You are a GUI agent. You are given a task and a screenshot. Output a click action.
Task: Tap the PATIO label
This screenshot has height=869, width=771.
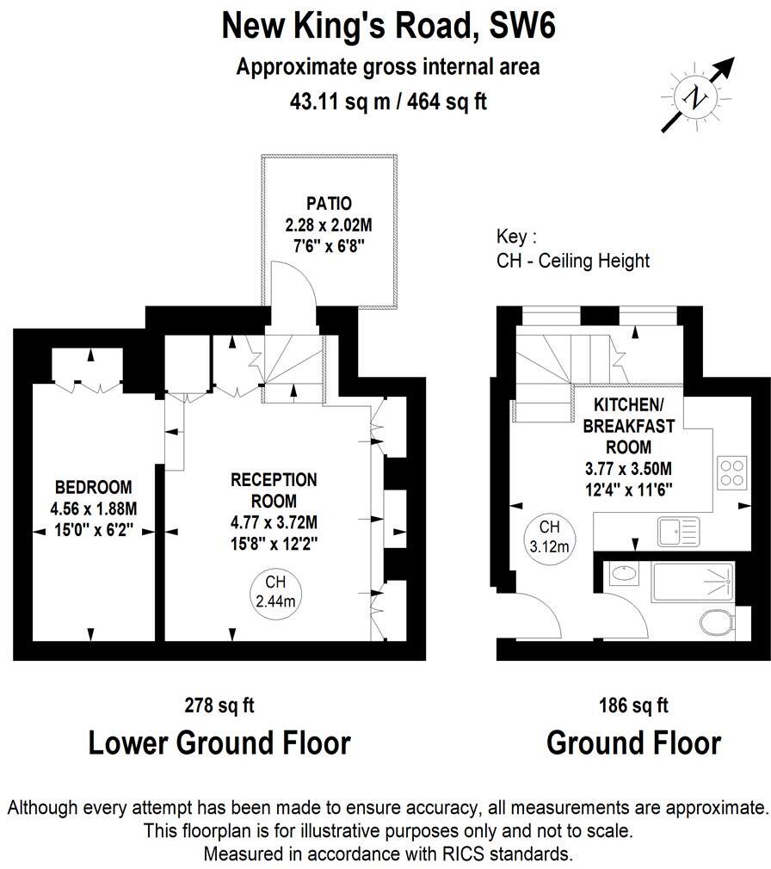(x=329, y=204)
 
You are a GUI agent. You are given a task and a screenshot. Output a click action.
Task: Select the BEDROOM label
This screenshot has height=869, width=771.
(x=93, y=484)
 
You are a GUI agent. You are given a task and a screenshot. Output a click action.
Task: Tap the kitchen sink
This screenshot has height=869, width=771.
(x=679, y=532)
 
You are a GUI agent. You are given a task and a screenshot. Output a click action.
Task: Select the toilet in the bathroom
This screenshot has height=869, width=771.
(x=716, y=621)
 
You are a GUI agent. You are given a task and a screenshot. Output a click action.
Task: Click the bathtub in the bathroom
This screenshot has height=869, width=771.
(x=693, y=582)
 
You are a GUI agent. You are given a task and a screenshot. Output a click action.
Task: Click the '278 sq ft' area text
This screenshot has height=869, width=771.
(x=219, y=706)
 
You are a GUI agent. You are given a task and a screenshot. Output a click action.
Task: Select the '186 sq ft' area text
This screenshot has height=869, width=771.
(x=633, y=706)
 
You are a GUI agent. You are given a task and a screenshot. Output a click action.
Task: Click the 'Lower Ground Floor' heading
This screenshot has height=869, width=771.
(x=219, y=743)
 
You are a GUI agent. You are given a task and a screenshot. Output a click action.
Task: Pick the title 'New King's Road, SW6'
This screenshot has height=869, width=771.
(x=389, y=27)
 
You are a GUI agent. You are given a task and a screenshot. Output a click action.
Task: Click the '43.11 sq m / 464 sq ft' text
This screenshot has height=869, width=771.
(x=389, y=101)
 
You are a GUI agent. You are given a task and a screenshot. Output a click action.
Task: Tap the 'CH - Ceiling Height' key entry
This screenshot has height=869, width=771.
(x=573, y=260)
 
